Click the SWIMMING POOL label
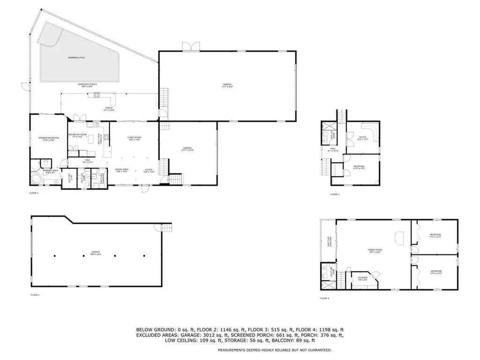(x=76, y=58)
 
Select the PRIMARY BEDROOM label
(x=48, y=138)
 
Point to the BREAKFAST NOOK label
(x=77, y=135)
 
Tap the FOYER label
(x=149, y=171)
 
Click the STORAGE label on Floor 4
(x=363, y=277)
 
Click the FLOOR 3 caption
(x=335, y=194)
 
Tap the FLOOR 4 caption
(x=324, y=298)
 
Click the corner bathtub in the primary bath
(x=36, y=179)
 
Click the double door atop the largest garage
(x=189, y=46)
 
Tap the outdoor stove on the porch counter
(x=97, y=95)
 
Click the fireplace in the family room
(x=399, y=237)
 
